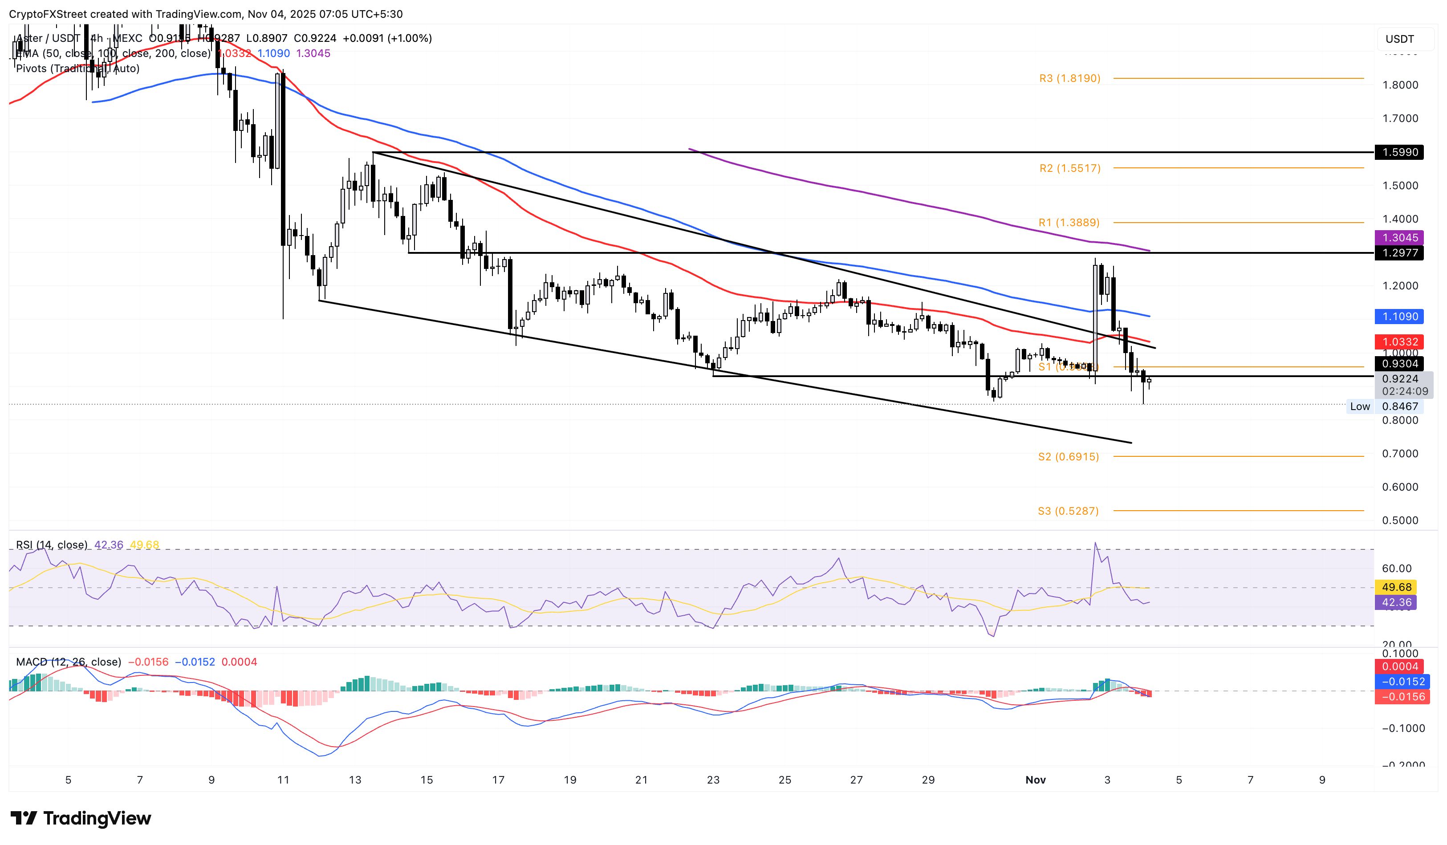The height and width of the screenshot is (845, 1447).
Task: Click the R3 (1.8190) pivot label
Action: coord(1069,78)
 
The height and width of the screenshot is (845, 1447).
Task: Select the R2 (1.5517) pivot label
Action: coord(1069,168)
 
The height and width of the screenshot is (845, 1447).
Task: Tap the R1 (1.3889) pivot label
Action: coord(1069,222)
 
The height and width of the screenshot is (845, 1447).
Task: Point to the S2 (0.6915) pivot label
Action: coord(1068,456)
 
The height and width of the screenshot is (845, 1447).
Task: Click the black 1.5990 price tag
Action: coord(1400,152)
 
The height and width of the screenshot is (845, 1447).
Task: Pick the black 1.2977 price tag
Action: coord(1400,252)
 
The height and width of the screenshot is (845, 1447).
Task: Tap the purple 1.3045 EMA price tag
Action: coord(1400,237)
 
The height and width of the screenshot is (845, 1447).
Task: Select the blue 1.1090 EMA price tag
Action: coord(1400,316)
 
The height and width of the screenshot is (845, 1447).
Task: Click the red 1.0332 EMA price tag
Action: coord(1400,341)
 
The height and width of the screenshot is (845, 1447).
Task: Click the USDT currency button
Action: coord(1399,39)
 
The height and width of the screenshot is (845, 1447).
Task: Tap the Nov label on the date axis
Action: coord(1035,780)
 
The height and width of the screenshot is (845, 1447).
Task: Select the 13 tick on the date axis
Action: coord(355,780)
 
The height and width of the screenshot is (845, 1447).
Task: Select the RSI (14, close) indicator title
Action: coord(52,545)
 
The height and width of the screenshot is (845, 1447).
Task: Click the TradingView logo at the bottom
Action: coord(81,818)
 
